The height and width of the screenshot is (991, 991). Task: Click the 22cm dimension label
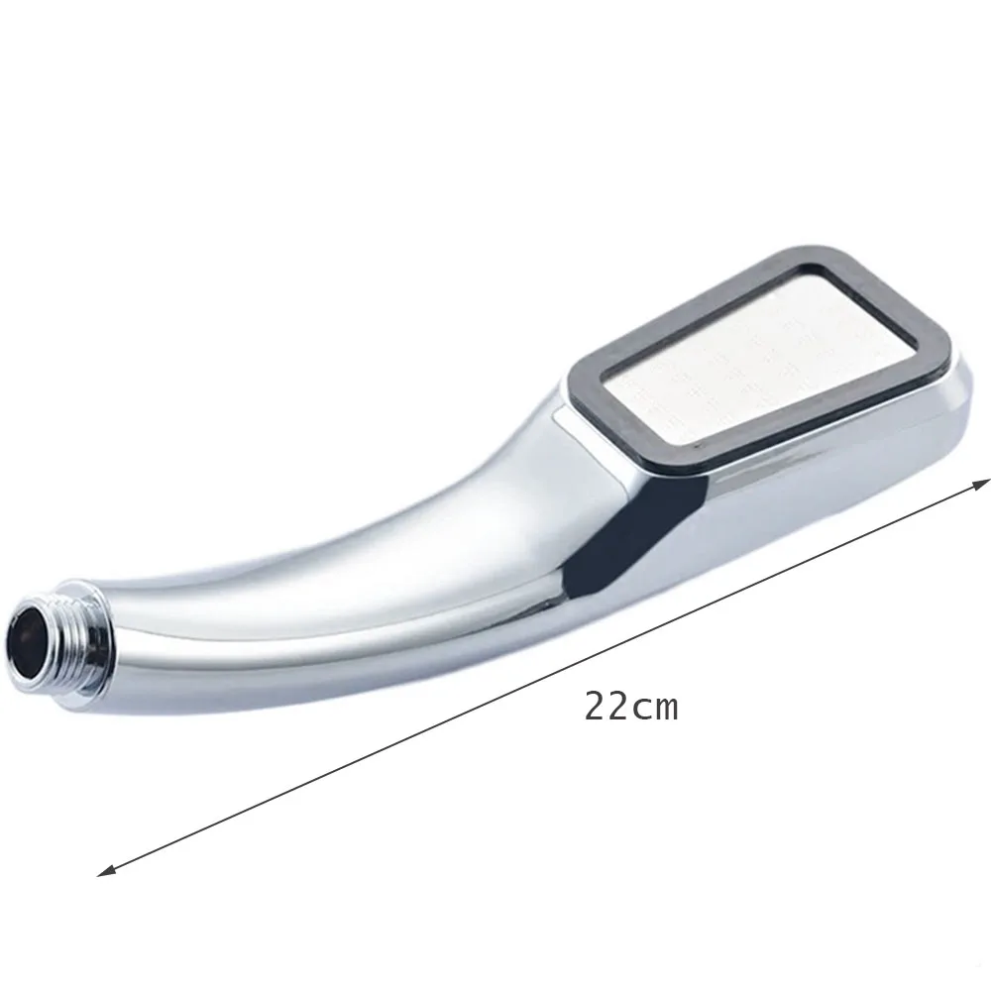pos(630,707)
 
